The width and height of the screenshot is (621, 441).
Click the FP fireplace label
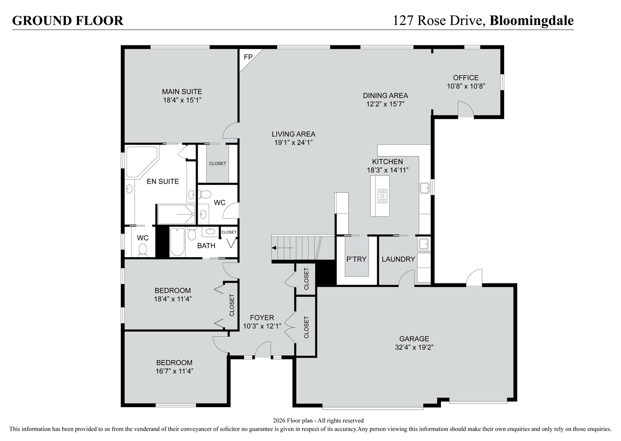click(x=248, y=57)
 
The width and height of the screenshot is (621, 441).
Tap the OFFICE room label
click(x=465, y=78)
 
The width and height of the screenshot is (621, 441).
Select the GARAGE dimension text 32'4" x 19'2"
click(x=414, y=347)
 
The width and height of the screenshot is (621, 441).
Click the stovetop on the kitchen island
click(x=382, y=196)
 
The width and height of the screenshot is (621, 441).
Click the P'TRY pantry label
click(x=356, y=259)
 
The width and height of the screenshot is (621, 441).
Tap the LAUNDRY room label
click(x=398, y=259)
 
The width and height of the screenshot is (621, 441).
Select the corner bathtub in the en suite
click(x=141, y=162)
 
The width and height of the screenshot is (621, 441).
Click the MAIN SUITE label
click(x=182, y=91)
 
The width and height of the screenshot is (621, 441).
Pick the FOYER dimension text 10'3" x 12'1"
click(x=262, y=326)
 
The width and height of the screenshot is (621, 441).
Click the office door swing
click(x=465, y=109)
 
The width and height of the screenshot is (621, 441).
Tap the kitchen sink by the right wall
click(x=425, y=188)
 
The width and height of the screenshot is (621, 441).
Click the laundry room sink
click(x=423, y=244)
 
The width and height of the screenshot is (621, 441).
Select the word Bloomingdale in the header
click(x=531, y=20)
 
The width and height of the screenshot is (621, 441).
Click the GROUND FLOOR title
click(x=68, y=21)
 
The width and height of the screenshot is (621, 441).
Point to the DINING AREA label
click(x=385, y=96)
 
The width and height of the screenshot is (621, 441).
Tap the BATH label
click(x=206, y=246)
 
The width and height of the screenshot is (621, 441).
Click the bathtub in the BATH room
click(x=177, y=242)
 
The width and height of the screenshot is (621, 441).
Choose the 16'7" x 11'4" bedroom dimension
click(x=174, y=371)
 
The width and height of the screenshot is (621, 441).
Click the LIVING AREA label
click(x=293, y=134)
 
